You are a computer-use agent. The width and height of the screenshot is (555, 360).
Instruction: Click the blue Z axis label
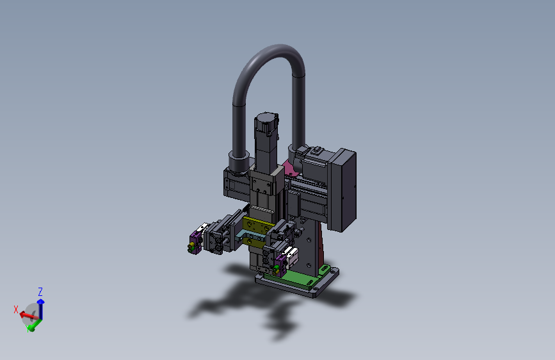pyautogui.click(x=40, y=292)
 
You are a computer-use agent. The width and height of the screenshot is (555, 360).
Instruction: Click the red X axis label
pyautogui.click(x=16, y=309)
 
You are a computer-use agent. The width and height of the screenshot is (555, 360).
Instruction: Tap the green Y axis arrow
pyautogui.click(x=35, y=325)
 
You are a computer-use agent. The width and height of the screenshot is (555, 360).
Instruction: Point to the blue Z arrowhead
pyautogui.click(x=41, y=302)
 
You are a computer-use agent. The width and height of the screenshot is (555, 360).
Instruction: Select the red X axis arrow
pyautogui.click(x=28, y=315)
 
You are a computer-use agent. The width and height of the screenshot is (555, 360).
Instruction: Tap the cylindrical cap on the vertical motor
pyautogui.click(x=266, y=122)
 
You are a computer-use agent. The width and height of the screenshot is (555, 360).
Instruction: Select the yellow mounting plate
pyautogui.click(x=258, y=231)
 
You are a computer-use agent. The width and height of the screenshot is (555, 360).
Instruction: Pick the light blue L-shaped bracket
pyautogui.click(x=248, y=234)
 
